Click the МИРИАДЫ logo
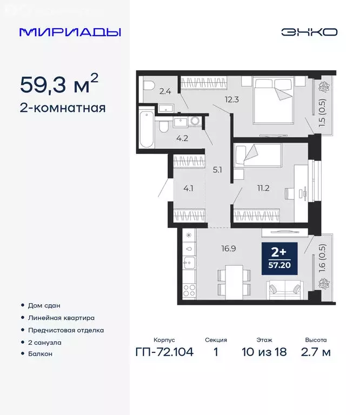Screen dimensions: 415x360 coord(70,32)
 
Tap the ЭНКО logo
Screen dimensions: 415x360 coord(309,32)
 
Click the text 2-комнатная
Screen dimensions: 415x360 coord(62,108)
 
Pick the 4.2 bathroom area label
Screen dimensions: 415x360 coord(182,137)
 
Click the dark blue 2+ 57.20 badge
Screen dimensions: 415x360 coord(279,259)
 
